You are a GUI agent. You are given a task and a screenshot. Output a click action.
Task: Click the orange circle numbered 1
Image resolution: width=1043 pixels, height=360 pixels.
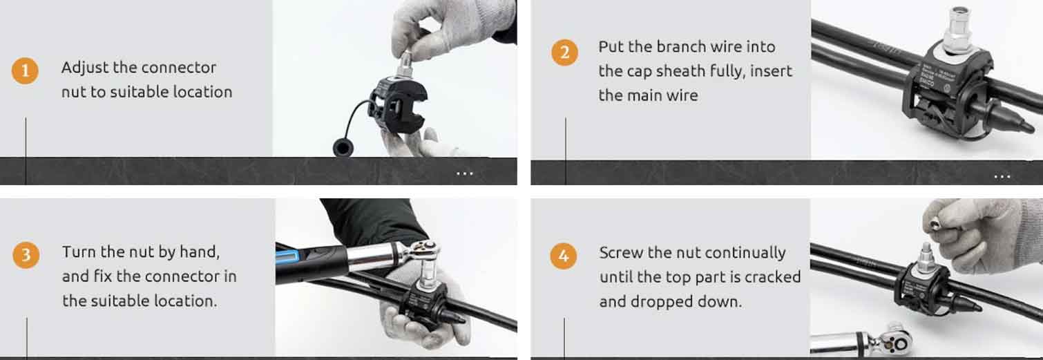(x=25, y=70)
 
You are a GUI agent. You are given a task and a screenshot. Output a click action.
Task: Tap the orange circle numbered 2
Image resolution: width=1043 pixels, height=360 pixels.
(x=564, y=52)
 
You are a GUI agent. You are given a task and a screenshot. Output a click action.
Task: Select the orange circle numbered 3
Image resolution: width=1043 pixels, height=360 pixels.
(x=26, y=255)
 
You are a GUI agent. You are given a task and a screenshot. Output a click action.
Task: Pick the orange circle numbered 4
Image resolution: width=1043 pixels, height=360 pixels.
(x=564, y=256)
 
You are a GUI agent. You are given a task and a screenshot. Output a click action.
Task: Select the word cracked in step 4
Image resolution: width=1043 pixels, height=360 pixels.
(x=772, y=277)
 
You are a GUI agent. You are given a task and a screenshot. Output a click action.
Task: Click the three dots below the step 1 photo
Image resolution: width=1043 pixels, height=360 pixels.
(x=464, y=173)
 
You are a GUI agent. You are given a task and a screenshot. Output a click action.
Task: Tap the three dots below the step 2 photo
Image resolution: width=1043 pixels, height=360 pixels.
(x=1002, y=177)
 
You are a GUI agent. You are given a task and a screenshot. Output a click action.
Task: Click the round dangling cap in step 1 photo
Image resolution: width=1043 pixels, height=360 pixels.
(x=343, y=149)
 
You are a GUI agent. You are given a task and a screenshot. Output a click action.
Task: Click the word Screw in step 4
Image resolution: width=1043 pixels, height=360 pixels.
(x=621, y=253)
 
